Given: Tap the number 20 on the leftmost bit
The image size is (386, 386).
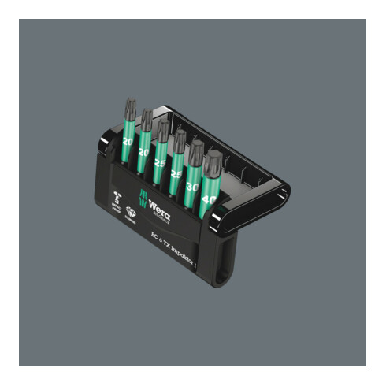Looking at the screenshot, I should [128, 141].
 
